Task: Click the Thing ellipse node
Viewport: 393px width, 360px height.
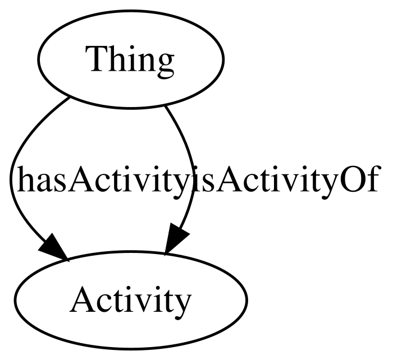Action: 130,59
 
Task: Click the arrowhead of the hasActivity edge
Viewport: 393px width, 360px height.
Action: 53,248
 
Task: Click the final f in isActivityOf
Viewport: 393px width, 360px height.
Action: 372,178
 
